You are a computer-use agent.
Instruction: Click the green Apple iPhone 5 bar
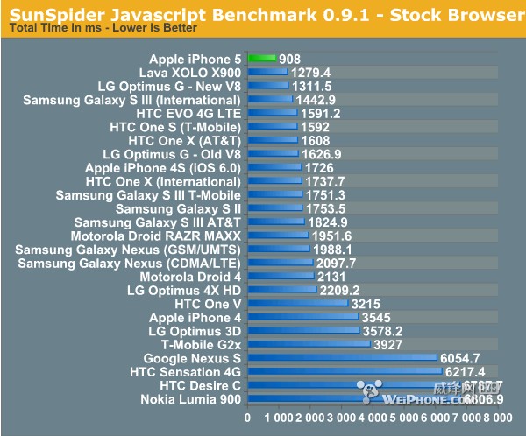click(x=262, y=59)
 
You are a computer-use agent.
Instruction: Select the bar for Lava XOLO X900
click(x=267, y=72)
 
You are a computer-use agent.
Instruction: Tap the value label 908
click(x=291, y=59)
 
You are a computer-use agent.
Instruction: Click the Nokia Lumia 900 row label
click(x=190, y=399)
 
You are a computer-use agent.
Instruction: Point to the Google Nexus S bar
click(x=342, y=358)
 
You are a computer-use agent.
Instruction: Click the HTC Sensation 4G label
click(x=185, y=372)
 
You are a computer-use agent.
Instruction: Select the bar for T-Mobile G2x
click(x=309, y=344)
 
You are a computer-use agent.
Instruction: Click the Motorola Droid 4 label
click(x=192, y=277)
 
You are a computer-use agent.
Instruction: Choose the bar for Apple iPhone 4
click(x=302, y=318)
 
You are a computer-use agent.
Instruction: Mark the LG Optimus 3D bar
click(x=303, y=331)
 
